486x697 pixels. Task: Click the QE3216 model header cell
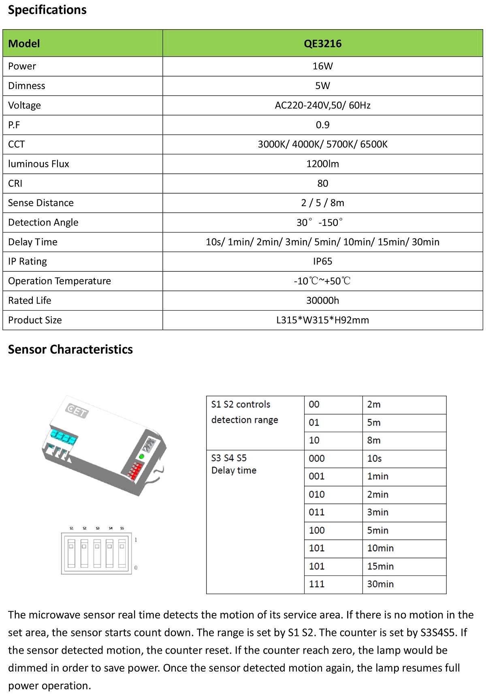[322, 44]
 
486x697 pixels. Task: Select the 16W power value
[322, 66]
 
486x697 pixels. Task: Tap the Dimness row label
[27, 86]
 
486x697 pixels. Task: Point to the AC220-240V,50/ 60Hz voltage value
[322, 105]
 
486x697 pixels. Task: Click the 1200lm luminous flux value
[322, 164]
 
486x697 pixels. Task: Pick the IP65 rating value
[322, 262]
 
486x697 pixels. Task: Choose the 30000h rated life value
[322, 301]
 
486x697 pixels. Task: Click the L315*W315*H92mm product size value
[322, 320]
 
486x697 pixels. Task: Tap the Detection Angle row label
[43, 222]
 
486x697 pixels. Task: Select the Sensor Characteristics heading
[70, 350]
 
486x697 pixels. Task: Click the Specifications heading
[47, 10]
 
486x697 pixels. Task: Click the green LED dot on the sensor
[141, 457]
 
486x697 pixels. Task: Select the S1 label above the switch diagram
[72, 528]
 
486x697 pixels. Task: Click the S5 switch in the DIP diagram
[122, 553]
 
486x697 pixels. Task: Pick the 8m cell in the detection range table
[374, 440]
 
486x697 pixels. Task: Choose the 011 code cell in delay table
[317, 512]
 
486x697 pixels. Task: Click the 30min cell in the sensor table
[380, 584]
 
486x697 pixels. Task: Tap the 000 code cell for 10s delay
[317, 458]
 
